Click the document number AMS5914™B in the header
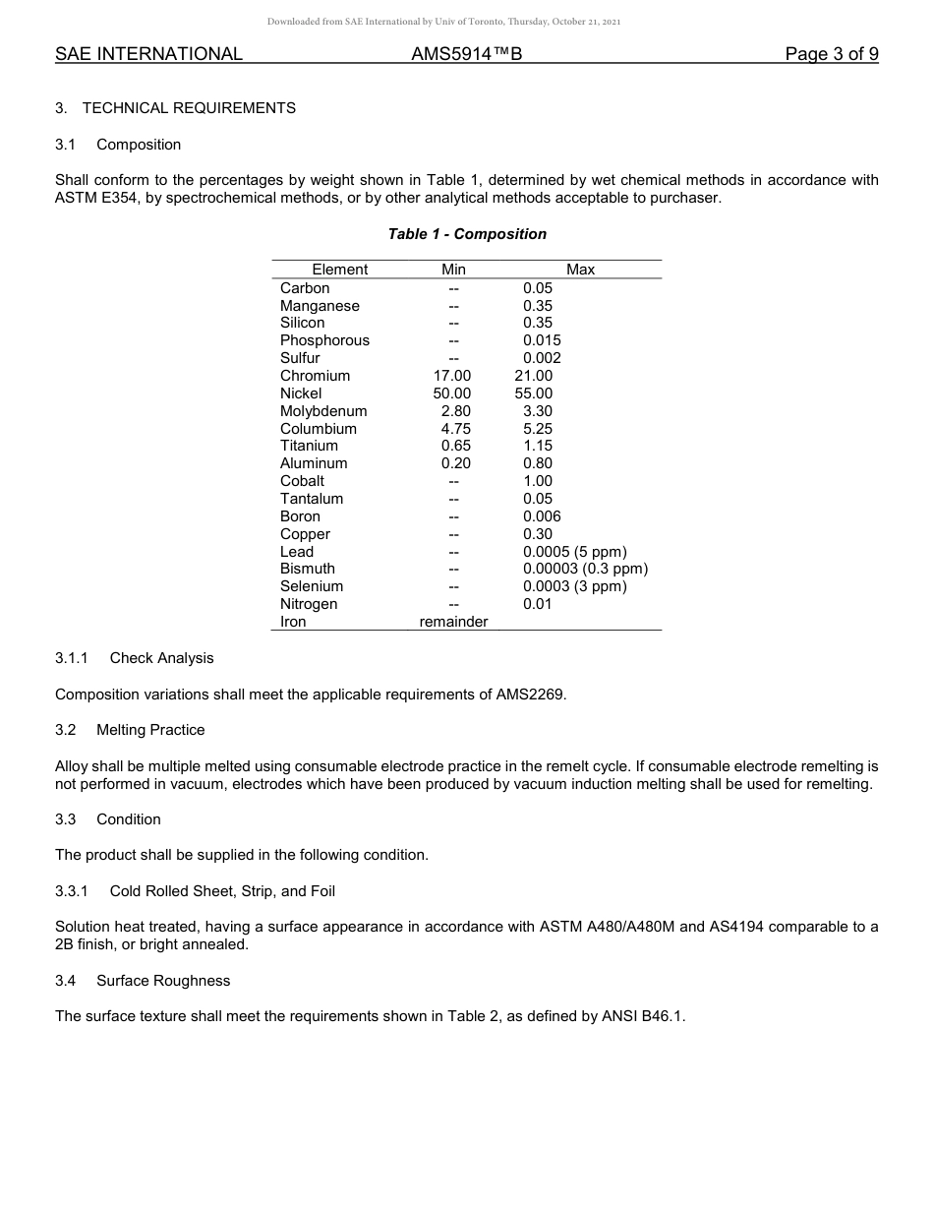point(466,54)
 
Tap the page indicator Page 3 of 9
point(831,54)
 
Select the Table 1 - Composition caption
point(467,234)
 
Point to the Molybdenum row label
point(323,411)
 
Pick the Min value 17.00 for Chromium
point(452,376)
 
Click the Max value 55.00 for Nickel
point(533,393)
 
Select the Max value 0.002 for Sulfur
point(542,358)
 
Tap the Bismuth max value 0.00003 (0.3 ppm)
point(585,569)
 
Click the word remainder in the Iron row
point(453,622)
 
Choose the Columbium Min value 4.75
point(455,429)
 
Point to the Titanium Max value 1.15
point(538,446)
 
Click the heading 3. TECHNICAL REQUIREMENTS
point(175,108)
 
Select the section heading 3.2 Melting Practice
point(130,730)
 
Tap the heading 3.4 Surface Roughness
point(143,981)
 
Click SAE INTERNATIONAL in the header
point(148,54)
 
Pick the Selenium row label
point(312,586)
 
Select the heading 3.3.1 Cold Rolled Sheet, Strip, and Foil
point(195,891)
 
